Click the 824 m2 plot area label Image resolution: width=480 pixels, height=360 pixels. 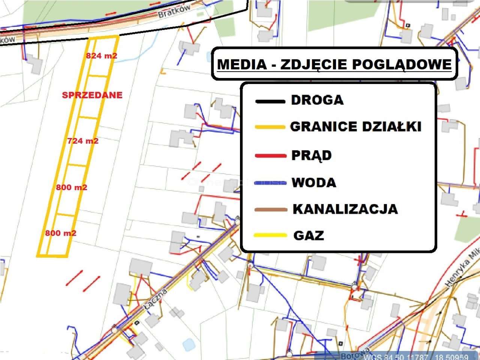point(102,56)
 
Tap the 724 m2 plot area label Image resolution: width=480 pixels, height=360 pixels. point(83,141)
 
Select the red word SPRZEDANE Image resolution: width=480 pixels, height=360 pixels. point(92,95)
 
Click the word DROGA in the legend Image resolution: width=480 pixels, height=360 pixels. point(317,100)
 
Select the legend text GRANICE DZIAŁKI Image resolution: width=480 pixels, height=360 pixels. point(356,126)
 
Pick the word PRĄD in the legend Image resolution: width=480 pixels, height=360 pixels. point(312,155)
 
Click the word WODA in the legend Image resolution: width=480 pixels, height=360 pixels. point(314,183)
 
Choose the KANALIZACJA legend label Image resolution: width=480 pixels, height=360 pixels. point(345,209)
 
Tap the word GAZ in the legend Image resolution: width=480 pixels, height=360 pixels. point(309,235)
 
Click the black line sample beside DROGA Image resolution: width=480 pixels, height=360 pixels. point(270,101)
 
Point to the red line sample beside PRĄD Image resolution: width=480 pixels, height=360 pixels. point(270,156)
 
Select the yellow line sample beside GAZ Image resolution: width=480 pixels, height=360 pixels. point(270,235)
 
